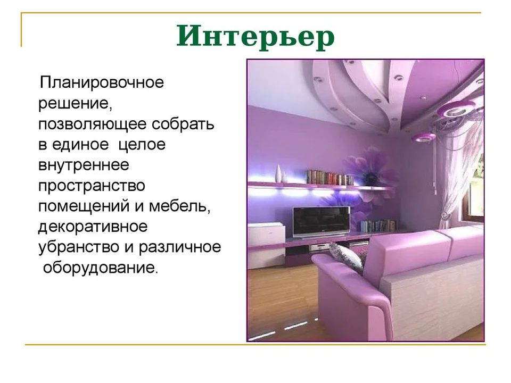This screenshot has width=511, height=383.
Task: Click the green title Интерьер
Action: point(256,36)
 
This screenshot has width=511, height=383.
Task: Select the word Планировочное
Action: point(102,83)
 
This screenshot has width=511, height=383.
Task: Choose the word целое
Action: point(142,145)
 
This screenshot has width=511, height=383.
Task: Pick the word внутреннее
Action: point(84,165)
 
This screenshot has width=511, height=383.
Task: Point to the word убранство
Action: point(79,247)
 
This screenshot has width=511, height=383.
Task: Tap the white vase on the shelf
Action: point(278,173)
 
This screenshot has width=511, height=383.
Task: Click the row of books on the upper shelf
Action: point(330,178)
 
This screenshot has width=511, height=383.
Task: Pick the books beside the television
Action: point(378,226)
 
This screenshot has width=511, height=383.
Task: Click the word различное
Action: point(180,247)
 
